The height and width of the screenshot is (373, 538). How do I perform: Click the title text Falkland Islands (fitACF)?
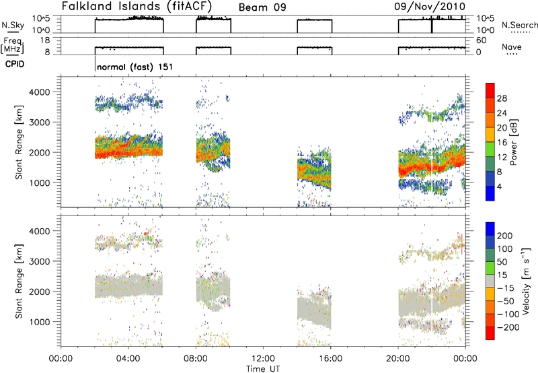click(137, 6)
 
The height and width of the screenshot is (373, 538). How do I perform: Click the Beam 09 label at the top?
click(262, 7)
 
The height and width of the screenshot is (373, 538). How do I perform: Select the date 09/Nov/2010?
click(430, 7)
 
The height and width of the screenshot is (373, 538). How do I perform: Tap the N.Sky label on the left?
click(13, 25)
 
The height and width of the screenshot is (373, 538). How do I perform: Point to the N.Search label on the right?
click(519, 25)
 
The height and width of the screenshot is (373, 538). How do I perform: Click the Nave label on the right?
click(512, 46)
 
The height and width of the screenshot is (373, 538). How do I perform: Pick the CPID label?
click(15, 64)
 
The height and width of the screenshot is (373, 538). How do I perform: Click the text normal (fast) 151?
click(135, 67)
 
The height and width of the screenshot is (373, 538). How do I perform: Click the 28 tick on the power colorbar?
click(502, 98)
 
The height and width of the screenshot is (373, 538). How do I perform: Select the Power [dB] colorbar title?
click(514, 142)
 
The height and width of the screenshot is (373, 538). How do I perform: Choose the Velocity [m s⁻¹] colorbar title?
click(526, 281)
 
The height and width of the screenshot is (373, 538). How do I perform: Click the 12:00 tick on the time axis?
click(263, 359)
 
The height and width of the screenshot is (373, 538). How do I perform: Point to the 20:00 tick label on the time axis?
click(398, 359)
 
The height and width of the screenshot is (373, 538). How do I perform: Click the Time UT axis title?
click(263, 369)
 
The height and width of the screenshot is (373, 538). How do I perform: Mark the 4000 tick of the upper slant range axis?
click(40, 92)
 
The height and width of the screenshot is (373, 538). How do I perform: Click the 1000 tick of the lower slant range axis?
click(40, 322)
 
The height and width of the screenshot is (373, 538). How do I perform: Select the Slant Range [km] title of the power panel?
click(19, 142)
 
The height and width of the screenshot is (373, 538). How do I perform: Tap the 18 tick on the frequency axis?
click(45, 40)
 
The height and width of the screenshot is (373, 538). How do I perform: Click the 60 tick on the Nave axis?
click(482, 40)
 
